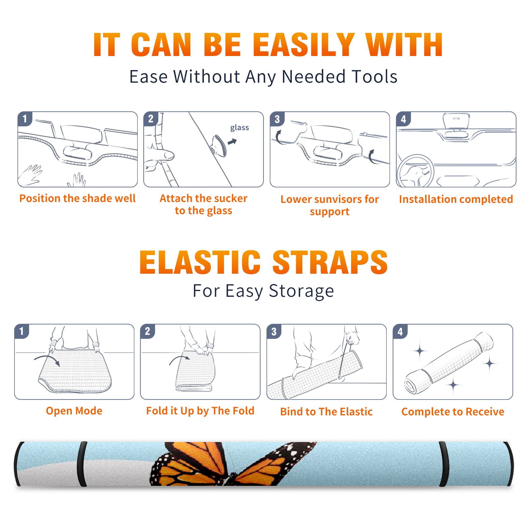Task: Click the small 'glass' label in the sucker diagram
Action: [239, 128]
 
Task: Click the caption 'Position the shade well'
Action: [77, 198]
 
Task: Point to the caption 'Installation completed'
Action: [456, 199]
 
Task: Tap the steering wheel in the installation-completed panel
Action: [415, 171]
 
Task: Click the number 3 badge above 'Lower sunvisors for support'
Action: [277, 119]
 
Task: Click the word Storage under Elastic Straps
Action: [301, 291]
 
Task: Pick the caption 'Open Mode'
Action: [74, 411]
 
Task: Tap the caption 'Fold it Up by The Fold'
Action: [200, 411]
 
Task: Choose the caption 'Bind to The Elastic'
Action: [326, 411]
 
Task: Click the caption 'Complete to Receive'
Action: [453, 411]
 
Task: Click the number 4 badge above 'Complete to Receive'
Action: [400, 331]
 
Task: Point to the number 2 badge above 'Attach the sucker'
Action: [151, 119]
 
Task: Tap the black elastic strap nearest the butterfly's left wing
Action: [82, 464]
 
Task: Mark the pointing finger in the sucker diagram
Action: [160, 155]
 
